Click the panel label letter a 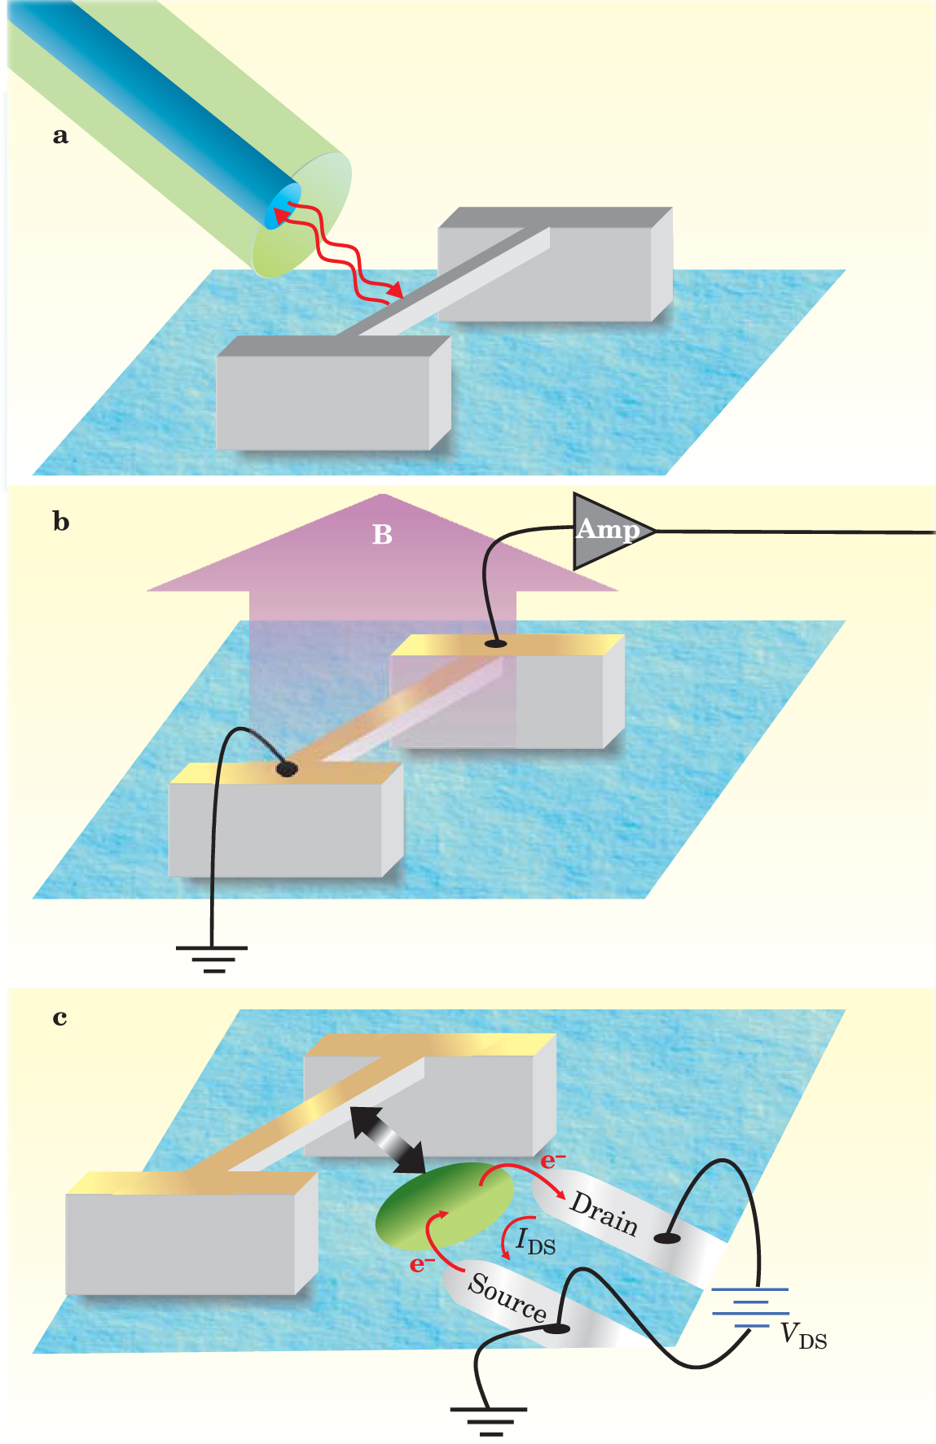60,135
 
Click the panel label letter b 61,522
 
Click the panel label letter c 59,1017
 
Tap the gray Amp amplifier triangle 607,531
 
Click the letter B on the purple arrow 382,534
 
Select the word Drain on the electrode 604,1213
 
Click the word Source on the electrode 507,1296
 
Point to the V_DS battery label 803,1336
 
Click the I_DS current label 535,1241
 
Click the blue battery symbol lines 750,1307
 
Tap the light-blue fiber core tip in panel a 283,207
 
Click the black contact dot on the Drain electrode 668,1237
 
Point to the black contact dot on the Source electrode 557,1328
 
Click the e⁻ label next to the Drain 552,1160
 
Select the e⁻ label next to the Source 421,1263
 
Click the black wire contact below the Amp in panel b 495,644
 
